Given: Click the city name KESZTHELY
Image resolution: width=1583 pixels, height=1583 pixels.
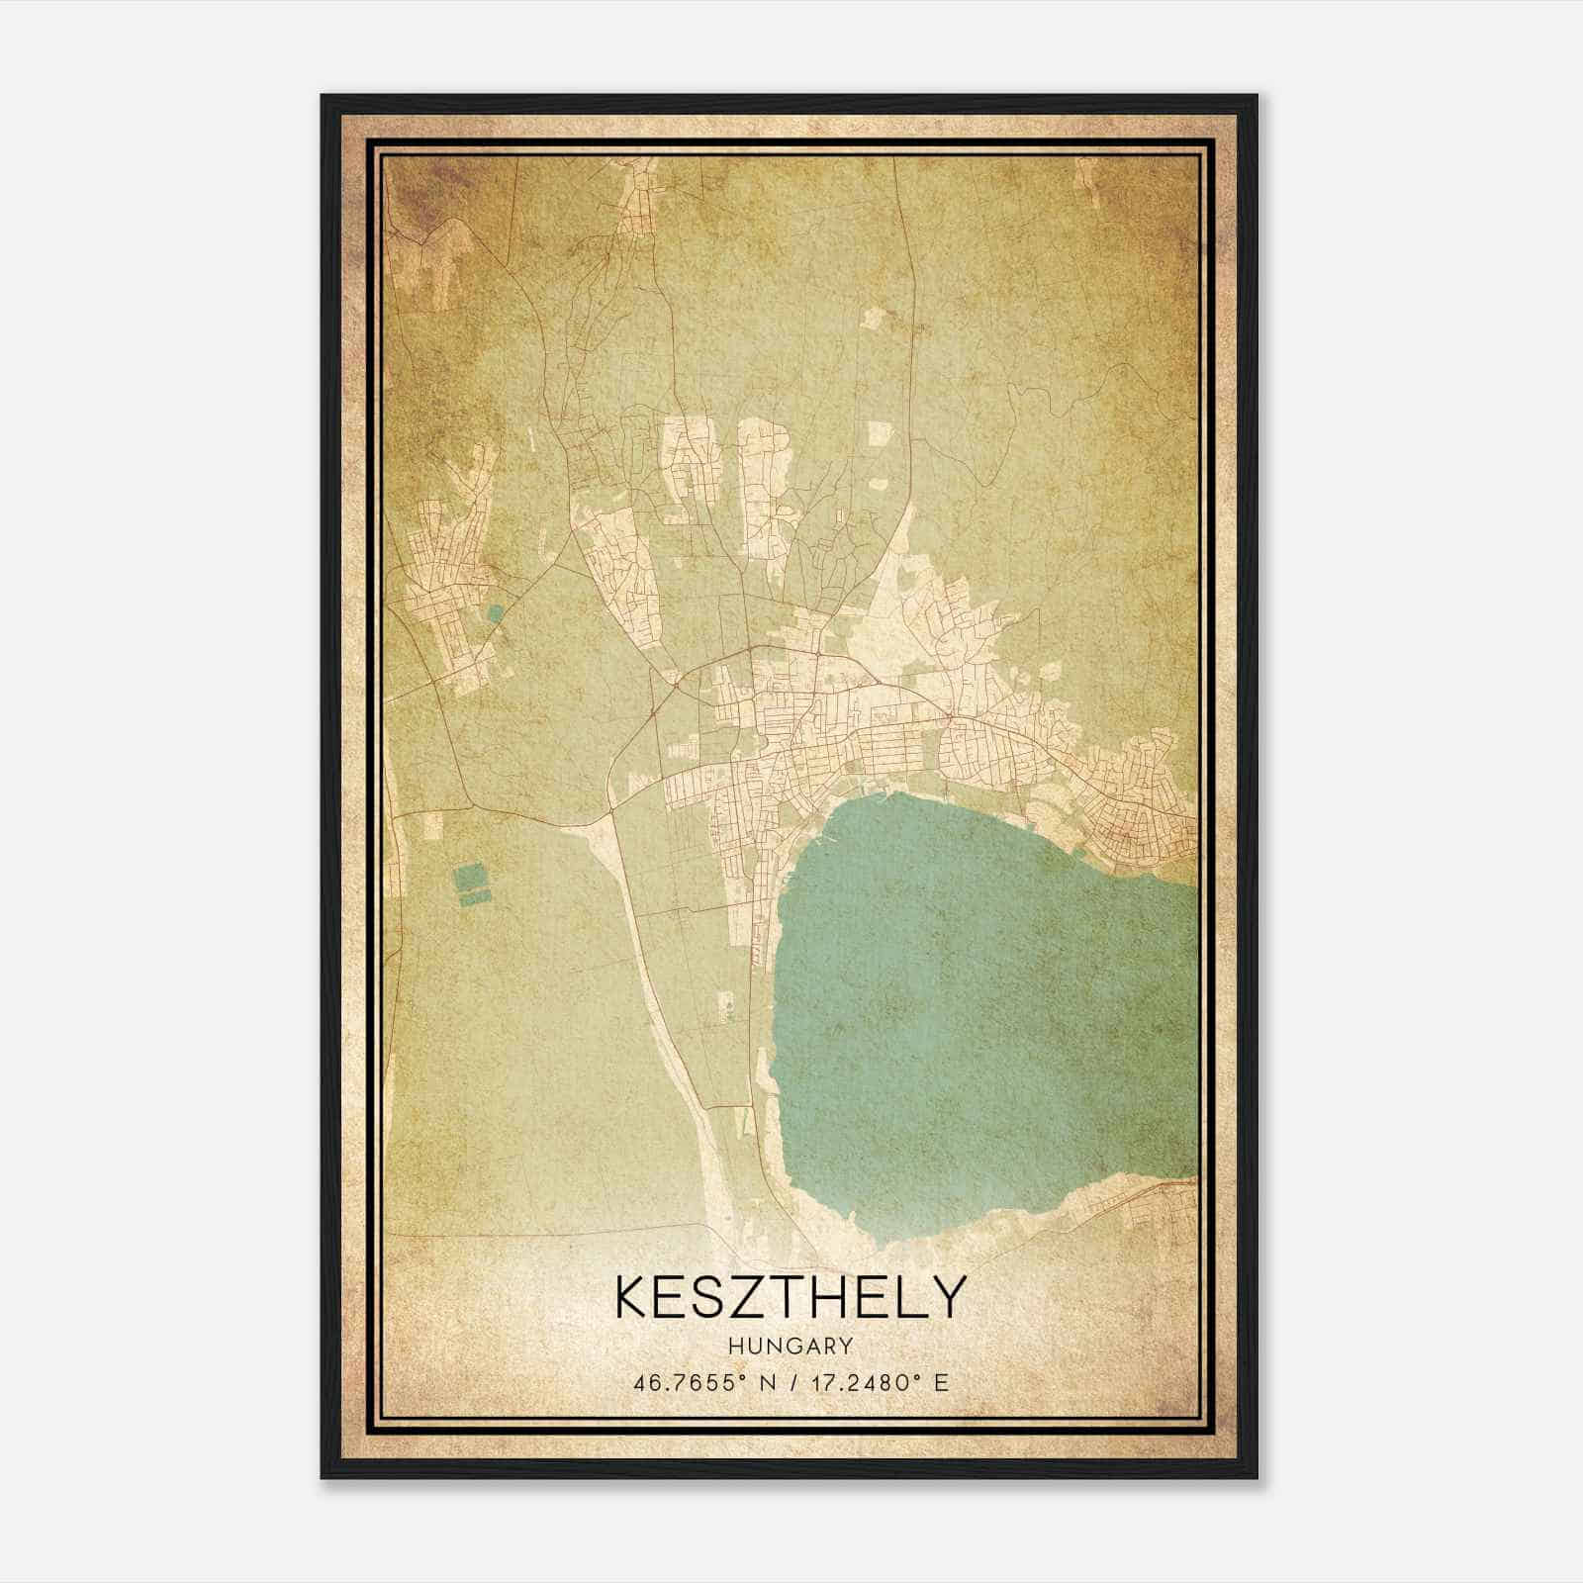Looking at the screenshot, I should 790,1296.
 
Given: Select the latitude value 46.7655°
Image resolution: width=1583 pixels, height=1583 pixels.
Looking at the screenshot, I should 689,1382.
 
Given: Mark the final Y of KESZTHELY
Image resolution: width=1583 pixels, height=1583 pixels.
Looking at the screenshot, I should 947,1296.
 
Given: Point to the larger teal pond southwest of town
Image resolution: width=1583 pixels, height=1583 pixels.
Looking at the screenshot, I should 469,878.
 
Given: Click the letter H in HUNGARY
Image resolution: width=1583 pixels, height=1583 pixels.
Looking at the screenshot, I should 735,1346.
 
